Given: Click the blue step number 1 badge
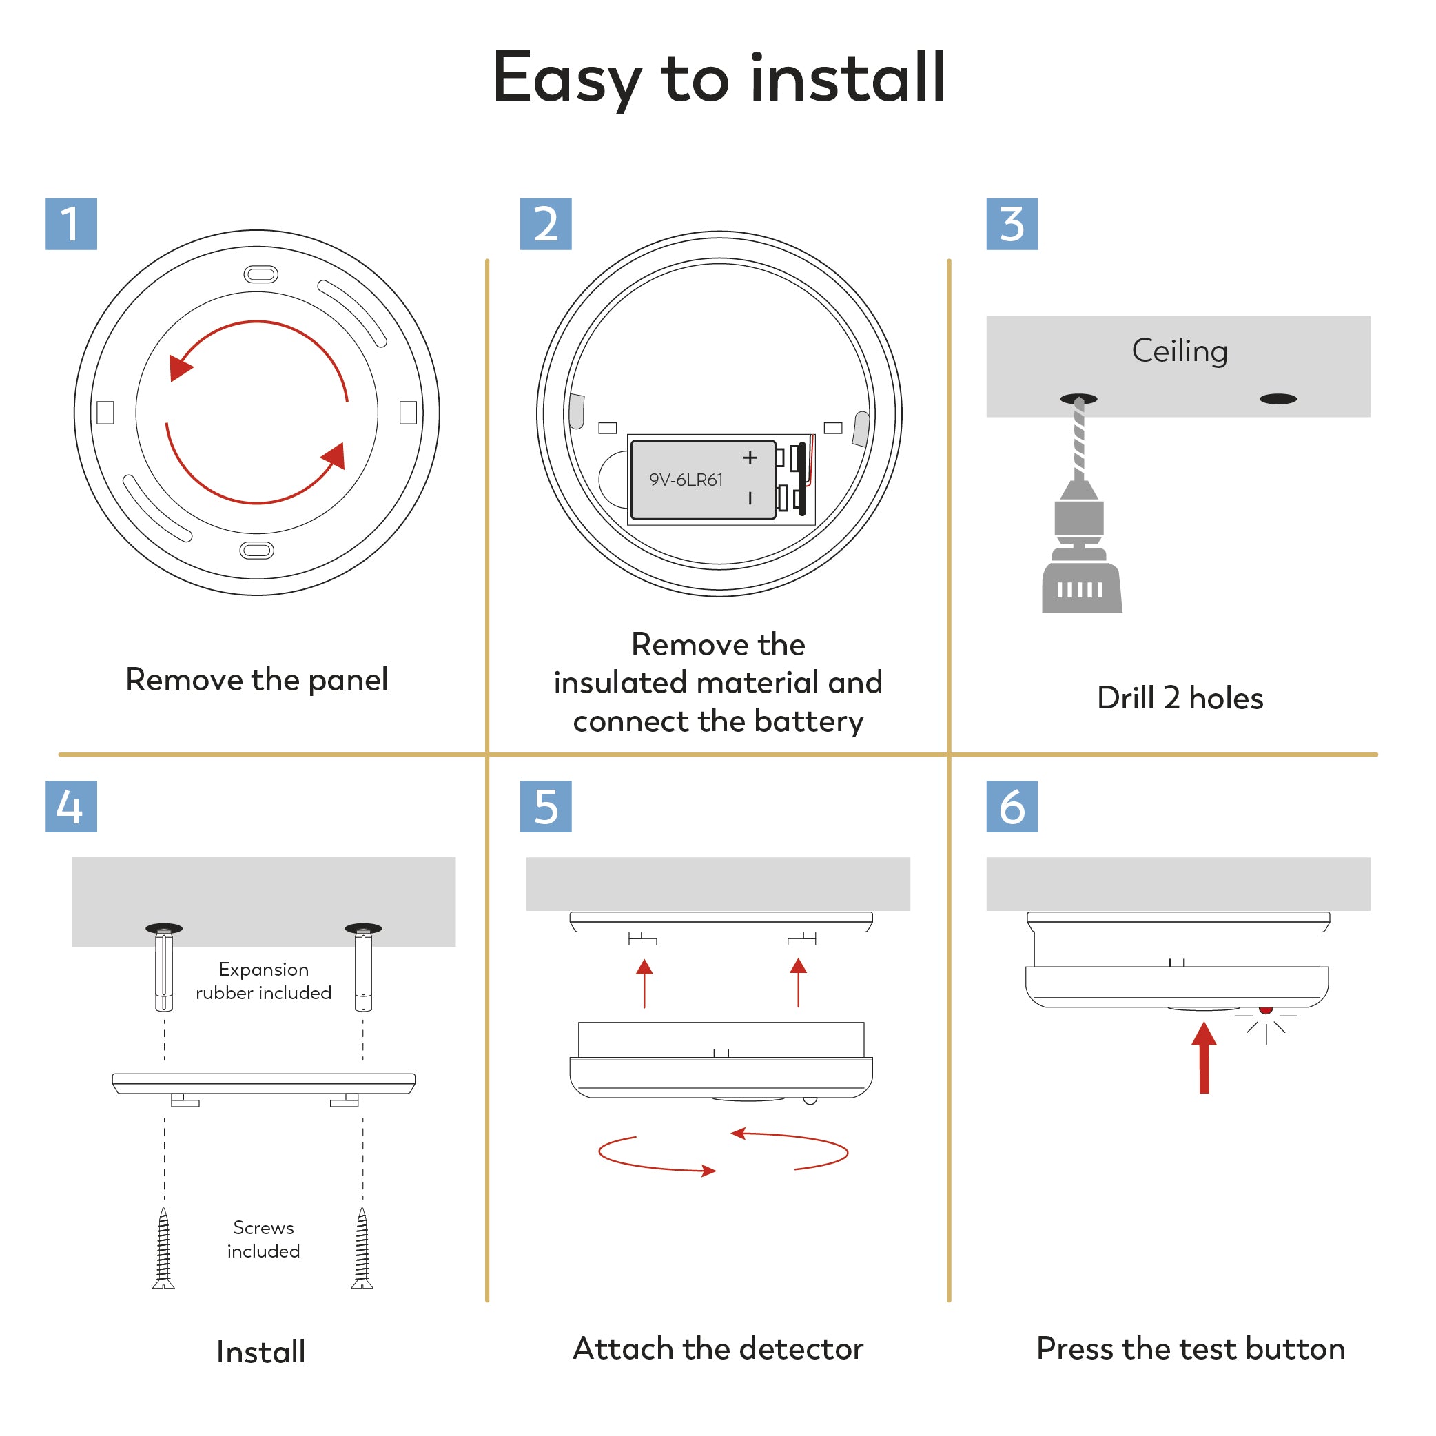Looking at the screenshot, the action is coord(72,224).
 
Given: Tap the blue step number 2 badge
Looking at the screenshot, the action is coord(546,224).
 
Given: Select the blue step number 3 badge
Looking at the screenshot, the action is coord(1012,224).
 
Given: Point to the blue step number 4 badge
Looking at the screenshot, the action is coord(72,806).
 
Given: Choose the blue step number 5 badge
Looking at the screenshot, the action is coord(546,806).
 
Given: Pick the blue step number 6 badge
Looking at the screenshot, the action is coord(1012,806).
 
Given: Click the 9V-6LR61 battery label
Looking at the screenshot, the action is coord(686,480).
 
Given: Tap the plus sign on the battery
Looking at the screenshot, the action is coord(750,458).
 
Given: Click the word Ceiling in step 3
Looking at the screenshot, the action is coord(1180,351).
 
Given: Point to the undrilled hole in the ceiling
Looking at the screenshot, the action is coord(1278,399).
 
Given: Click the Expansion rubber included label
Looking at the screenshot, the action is coord(264,981).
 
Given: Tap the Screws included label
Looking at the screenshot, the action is coord(264,1240).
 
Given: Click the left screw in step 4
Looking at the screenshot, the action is coord(163,1248).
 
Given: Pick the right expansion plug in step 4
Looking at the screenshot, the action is coord(363,970).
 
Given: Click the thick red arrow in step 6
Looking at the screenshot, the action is coord(1204,1057).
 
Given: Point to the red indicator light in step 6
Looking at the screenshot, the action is coord(1266,1009).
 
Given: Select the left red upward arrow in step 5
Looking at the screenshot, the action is coord(644,983).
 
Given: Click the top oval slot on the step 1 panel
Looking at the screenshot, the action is coord(261,274).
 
